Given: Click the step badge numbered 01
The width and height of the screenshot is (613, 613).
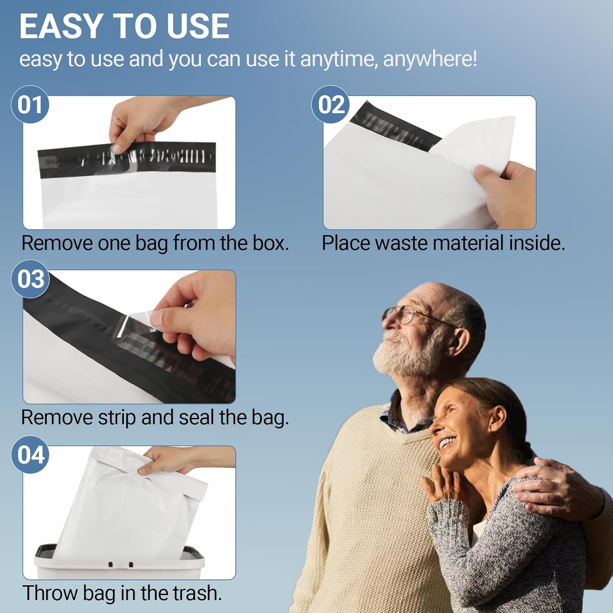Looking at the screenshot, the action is (x=30, y=104).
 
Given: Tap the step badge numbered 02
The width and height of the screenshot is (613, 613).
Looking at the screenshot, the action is (x=331, y=104).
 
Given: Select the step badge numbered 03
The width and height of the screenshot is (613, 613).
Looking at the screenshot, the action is (x=30, y=279).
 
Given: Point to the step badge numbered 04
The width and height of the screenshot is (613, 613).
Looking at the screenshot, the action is (x=30, y=454).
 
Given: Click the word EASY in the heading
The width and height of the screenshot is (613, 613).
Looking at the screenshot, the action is (x=60, y=27).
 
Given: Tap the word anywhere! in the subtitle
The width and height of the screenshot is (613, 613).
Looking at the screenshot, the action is (x=430, y=59).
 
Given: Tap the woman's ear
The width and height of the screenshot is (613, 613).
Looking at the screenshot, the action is (x=498, y=421).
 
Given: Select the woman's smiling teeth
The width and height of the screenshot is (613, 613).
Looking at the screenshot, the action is (x=446, y=443).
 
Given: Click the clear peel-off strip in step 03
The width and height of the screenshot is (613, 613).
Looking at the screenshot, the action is (x=135, y=325).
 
